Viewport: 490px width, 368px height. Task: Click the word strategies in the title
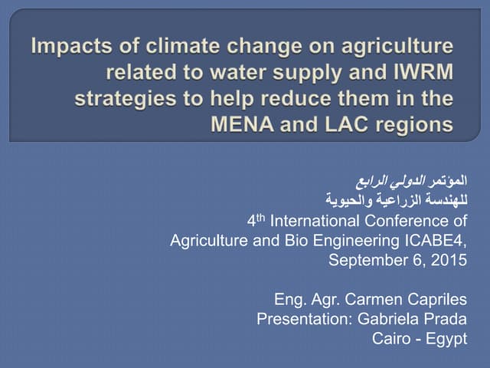pos(123,99)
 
